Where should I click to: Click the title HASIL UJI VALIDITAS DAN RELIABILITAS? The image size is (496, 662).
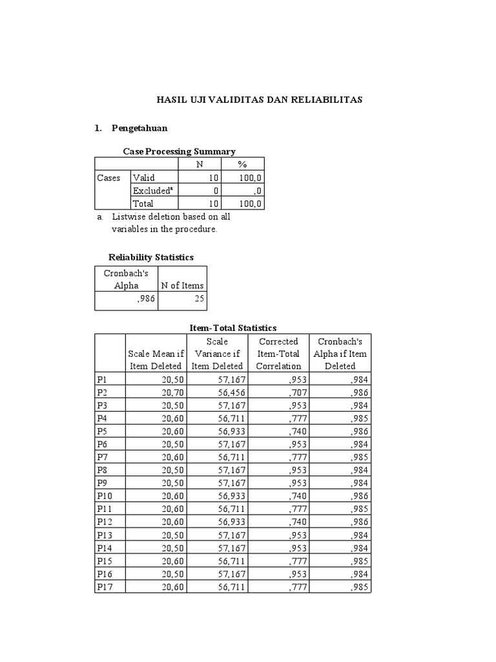(260, 100)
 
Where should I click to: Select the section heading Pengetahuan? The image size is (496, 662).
(139, 128)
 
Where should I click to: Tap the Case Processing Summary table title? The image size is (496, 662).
(180, 151)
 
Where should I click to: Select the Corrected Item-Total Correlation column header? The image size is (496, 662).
(278, 354)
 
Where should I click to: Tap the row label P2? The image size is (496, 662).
(103, 392)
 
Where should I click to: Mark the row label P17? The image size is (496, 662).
(105, 586)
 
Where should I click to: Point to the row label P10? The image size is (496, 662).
(105, 495)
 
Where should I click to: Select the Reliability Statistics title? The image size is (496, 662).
(151, 257)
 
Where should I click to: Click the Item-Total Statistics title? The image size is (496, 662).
(233, 328)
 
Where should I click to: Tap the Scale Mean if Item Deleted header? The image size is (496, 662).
(156, 360)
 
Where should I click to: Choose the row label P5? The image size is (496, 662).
(103, 431)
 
